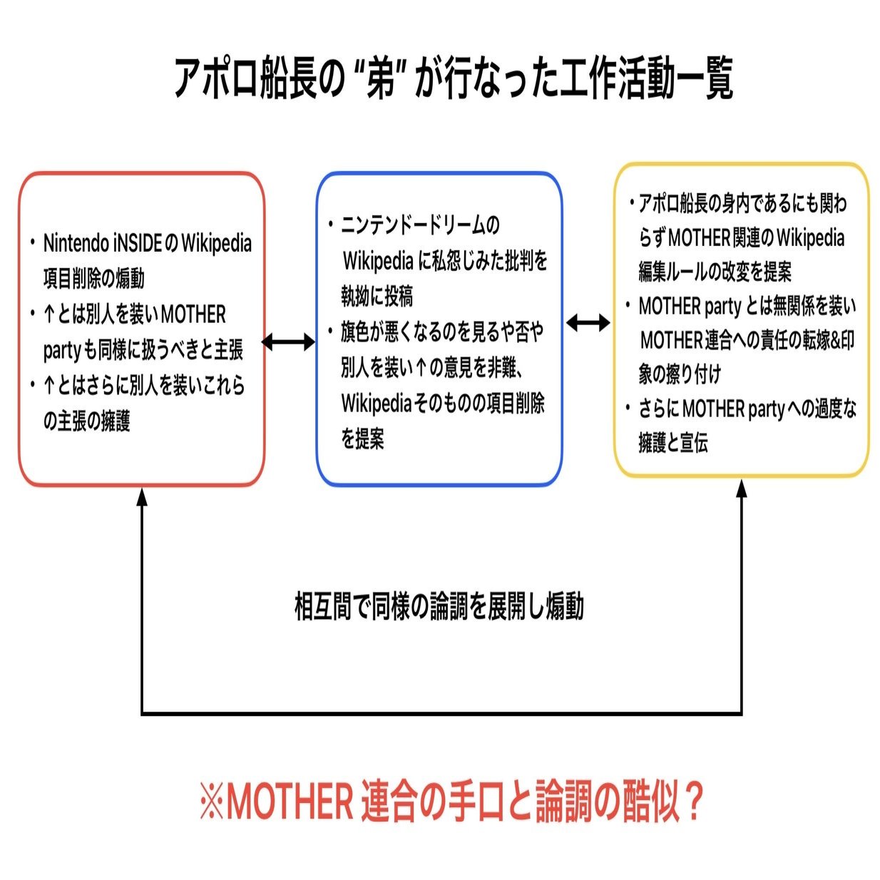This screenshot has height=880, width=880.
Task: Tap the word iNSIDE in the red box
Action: [x=138, y=243]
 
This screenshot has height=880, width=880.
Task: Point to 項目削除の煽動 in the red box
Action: [x=93, y=278]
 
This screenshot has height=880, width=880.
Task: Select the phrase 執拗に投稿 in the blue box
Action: [x=377, y=296]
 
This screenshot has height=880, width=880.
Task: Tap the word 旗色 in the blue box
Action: [x=355, y=332]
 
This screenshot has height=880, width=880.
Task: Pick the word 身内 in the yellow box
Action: [x=741, y=204]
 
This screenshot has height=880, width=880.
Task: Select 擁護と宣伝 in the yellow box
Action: [x=673, y=443]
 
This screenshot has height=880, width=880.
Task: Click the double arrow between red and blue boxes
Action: [x=289, y=342]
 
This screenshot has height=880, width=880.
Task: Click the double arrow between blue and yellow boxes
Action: [x=588, y=324]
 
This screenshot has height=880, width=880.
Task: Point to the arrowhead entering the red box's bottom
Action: [x=142, y=496]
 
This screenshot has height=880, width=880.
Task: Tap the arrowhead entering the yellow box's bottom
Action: [x=742, y=489]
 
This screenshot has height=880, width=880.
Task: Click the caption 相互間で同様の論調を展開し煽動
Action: [x=439, y=607]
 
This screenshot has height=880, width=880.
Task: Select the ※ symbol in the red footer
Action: [x=212, y=802]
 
